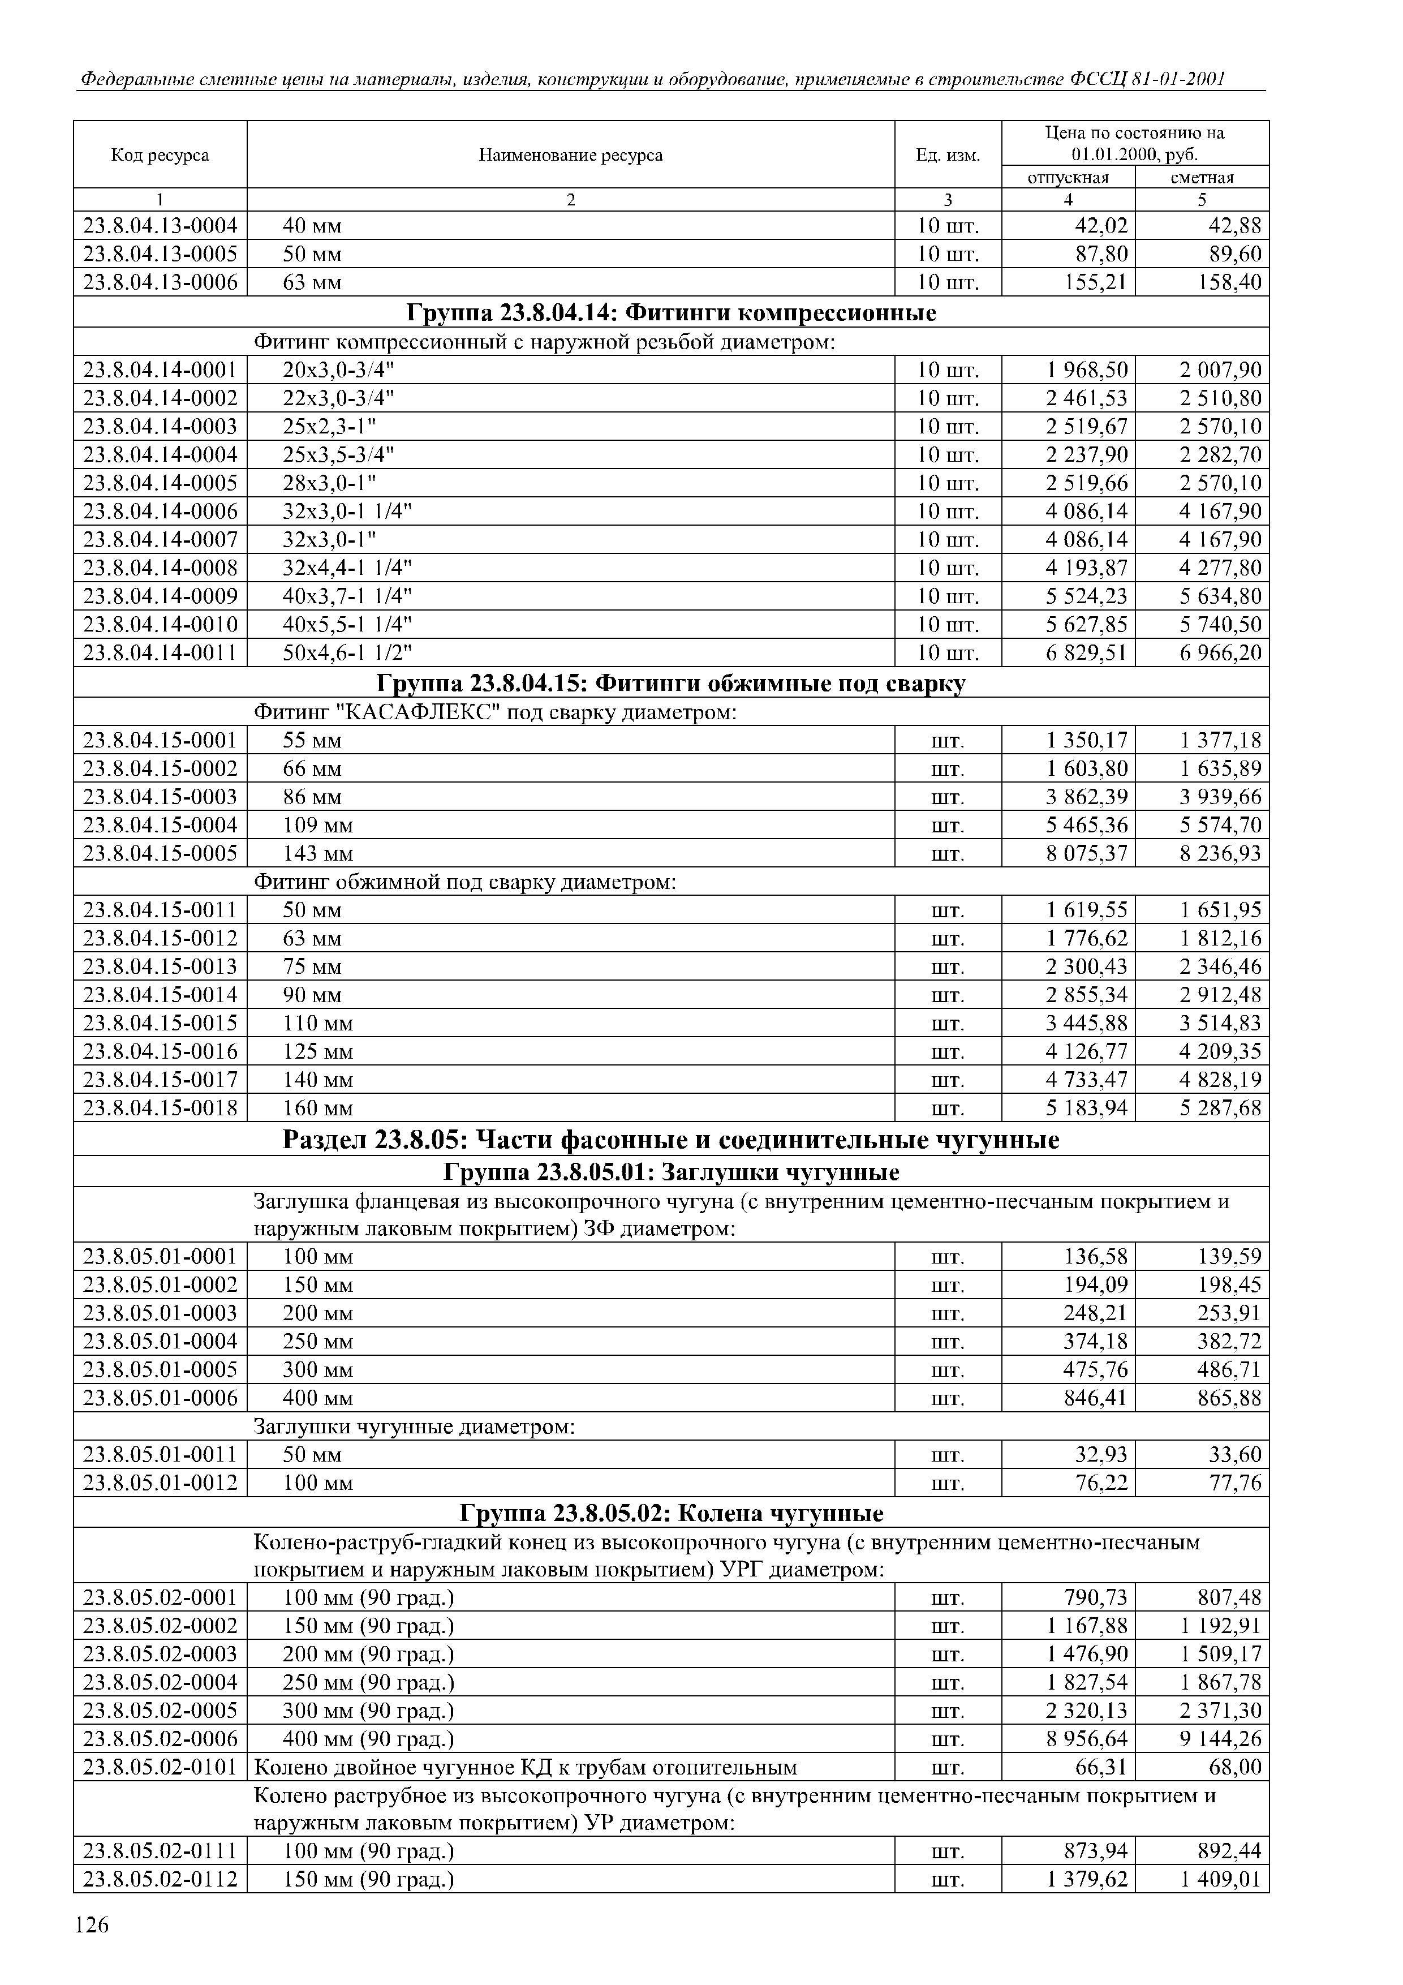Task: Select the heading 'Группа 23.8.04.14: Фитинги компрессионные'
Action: click(x=671, y=312)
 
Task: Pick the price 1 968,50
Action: click(x=1087, y=371)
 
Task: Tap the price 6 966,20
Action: click(x=1221, y=653)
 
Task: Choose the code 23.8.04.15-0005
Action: click(x=160, y=853)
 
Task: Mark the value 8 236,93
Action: click(x=1221, y=853)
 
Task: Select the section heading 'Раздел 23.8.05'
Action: click(x=671, y=1140)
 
